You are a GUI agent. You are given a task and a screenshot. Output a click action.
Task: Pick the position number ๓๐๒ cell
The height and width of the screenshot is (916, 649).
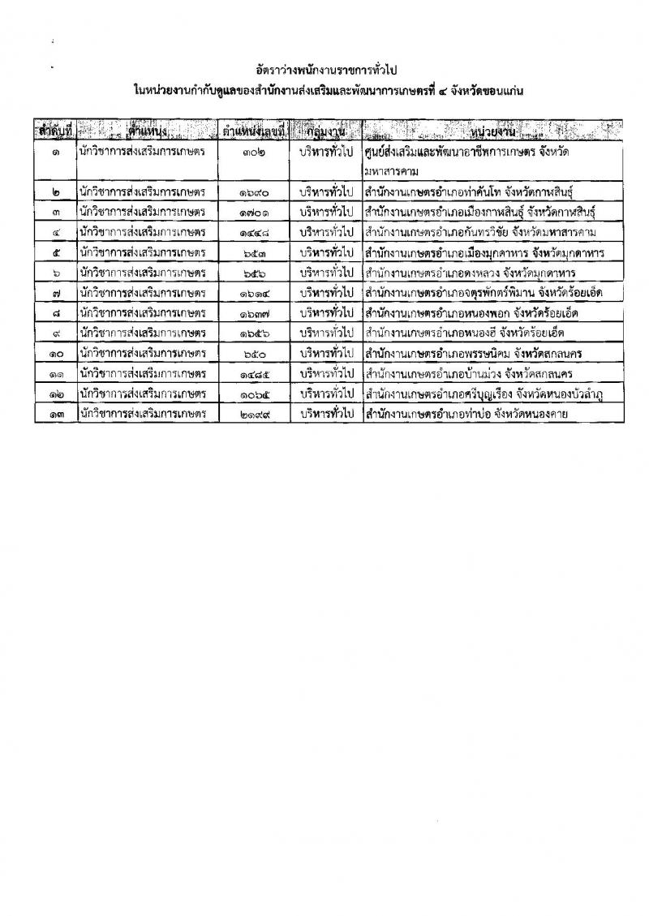click(255, 152)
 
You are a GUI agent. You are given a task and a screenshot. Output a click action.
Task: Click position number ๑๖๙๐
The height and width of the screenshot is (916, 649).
click(255, 191)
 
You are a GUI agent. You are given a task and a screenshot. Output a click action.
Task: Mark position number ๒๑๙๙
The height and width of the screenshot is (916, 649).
click(255, 415)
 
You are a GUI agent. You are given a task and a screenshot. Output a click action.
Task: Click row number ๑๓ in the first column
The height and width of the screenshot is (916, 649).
click(54, 415)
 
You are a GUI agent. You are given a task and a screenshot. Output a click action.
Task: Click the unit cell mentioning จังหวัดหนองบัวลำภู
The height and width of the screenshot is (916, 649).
click(492, 394)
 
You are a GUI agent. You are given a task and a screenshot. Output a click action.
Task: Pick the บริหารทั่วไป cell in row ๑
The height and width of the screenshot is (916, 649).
click(326, 152)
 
